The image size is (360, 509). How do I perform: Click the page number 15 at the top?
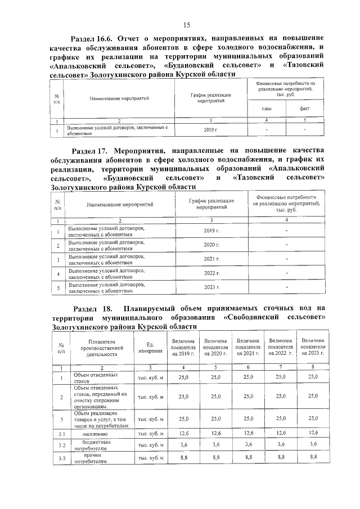(187, 25)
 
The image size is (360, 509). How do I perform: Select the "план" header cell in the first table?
(266, 108)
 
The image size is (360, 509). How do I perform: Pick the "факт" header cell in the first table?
(304, 108)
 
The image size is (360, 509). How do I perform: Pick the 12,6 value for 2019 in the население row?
(183, 433)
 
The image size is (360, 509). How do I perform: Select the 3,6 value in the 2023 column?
(313, 445)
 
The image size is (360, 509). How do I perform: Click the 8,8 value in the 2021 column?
(249, 458)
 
